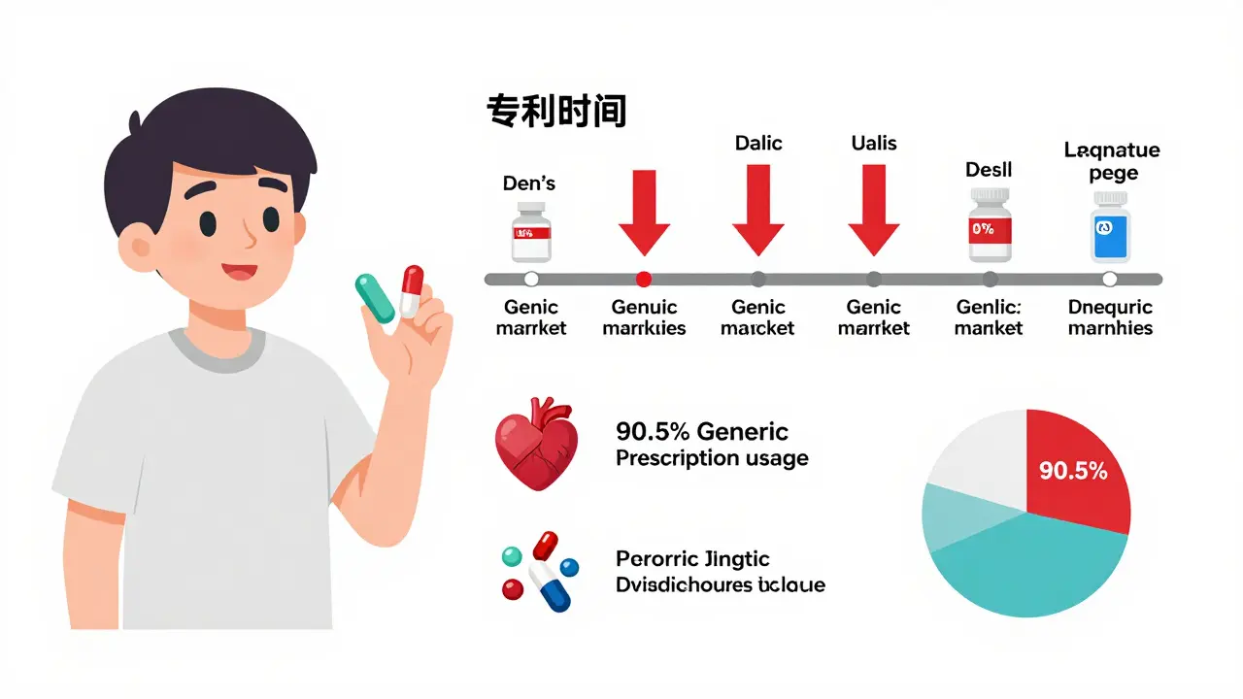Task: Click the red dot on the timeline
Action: coord(643,280)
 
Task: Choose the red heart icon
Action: coord(536,443)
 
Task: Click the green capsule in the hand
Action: coord(376,297)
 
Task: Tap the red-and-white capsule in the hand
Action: coord(412,290)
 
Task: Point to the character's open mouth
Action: coord(239,274)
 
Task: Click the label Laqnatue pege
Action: coord(1112,161)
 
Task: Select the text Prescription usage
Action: coord(712,458)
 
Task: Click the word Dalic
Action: coord(758,143)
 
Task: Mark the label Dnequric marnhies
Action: coord(1110,317)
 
